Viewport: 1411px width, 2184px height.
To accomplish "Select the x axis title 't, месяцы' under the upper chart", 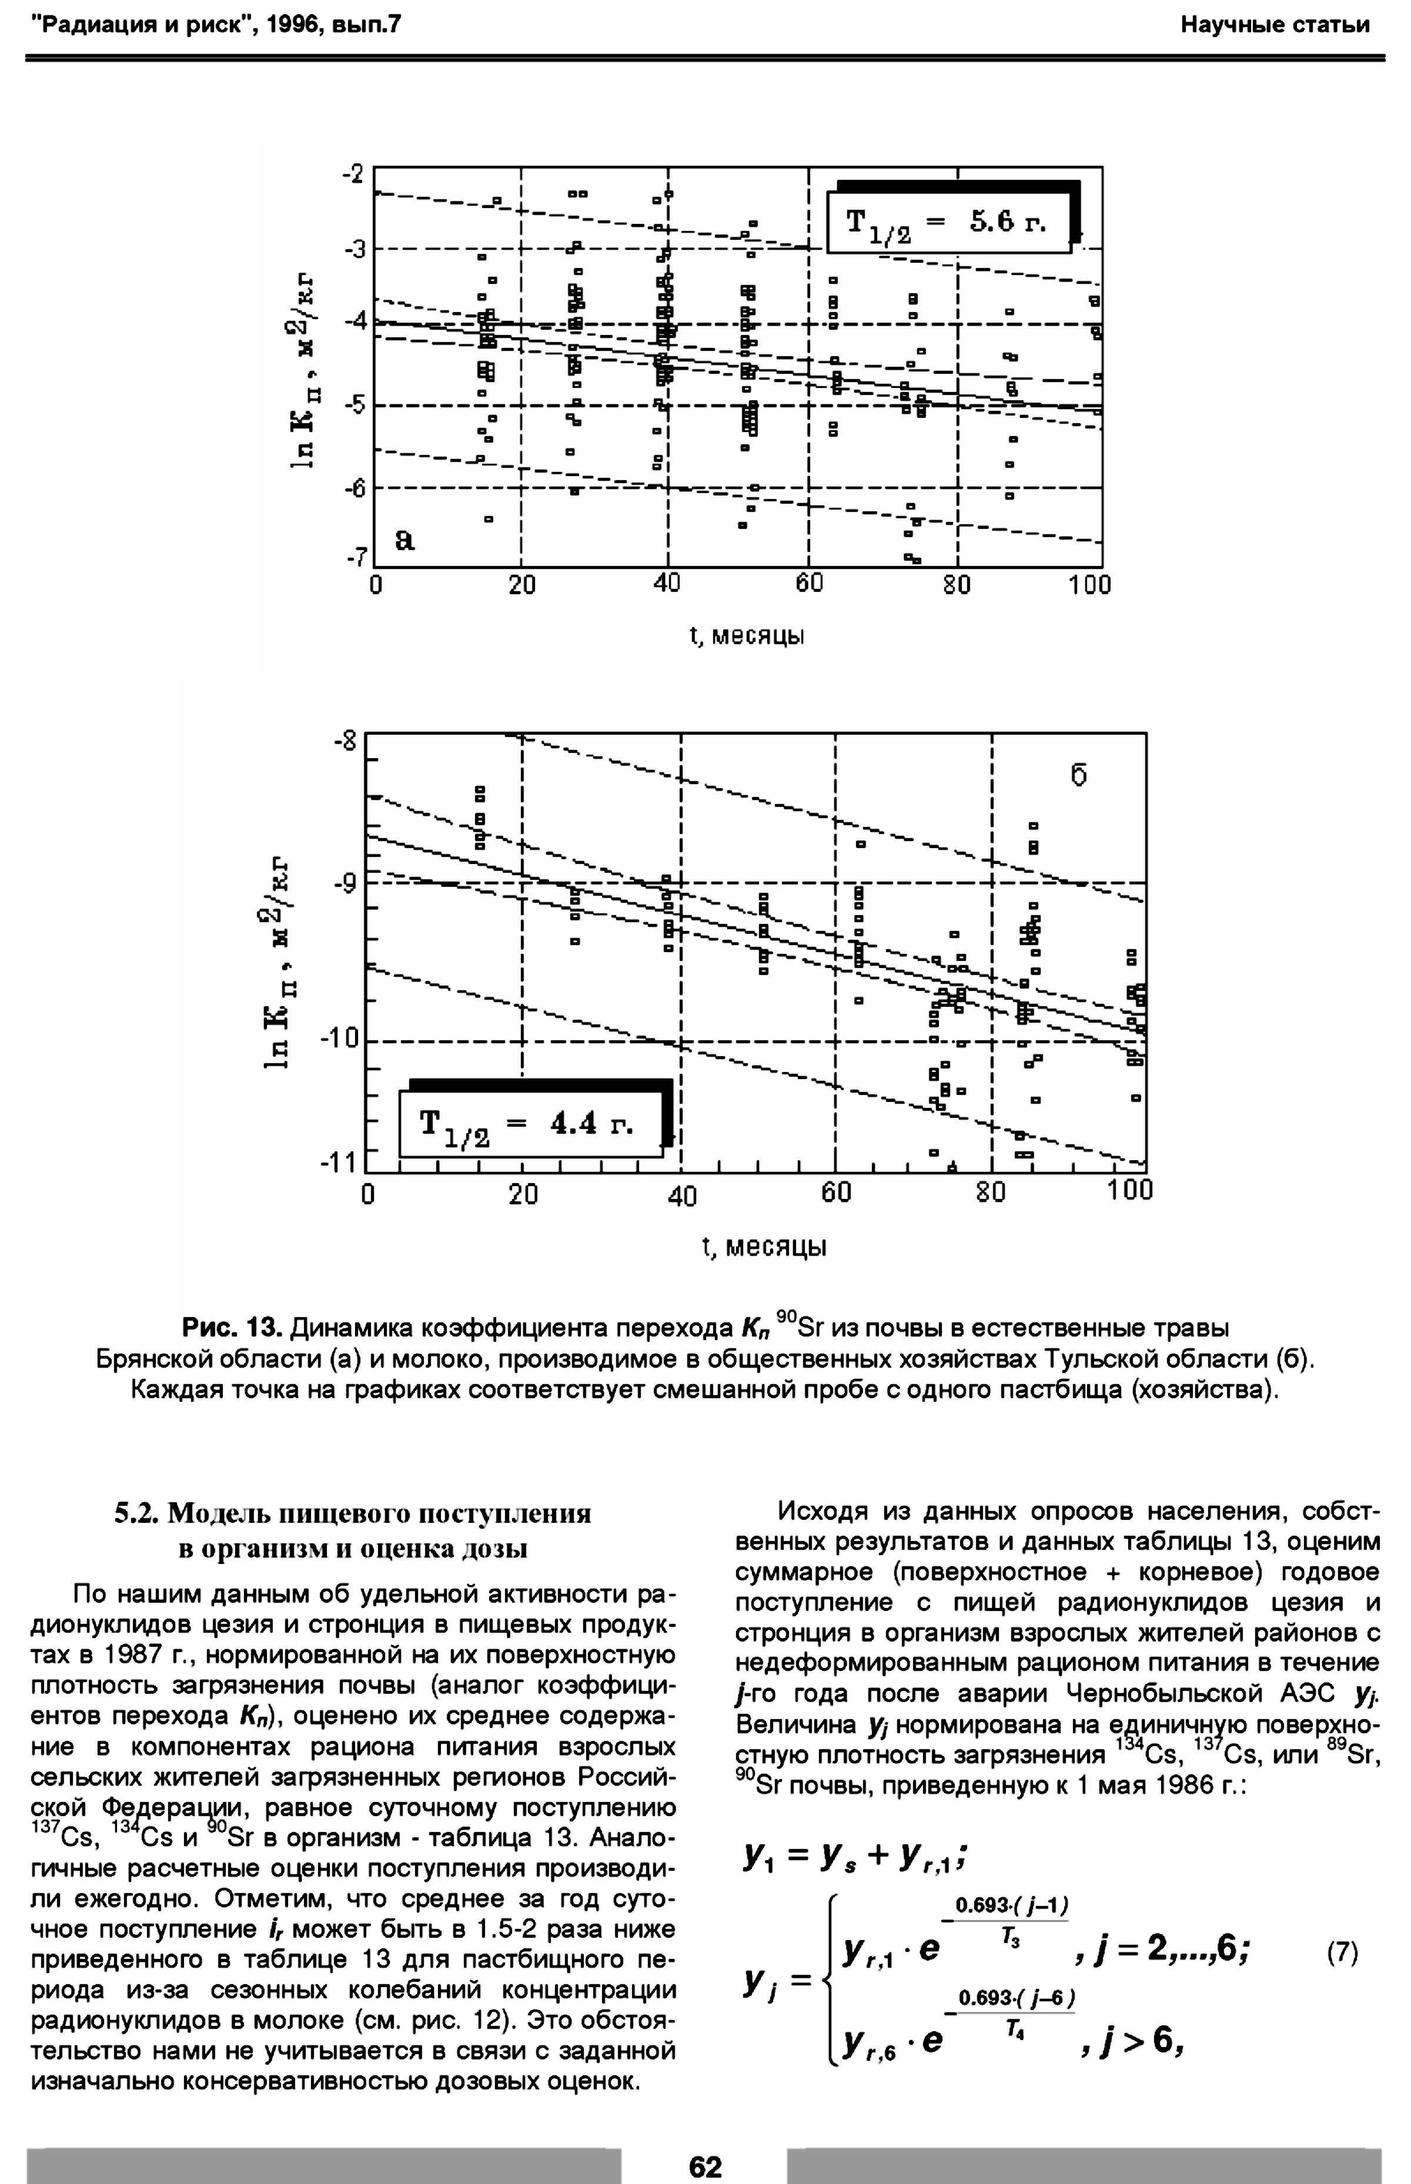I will coord(746,635).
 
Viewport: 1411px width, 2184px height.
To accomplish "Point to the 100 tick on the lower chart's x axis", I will coord(1130,1190).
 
